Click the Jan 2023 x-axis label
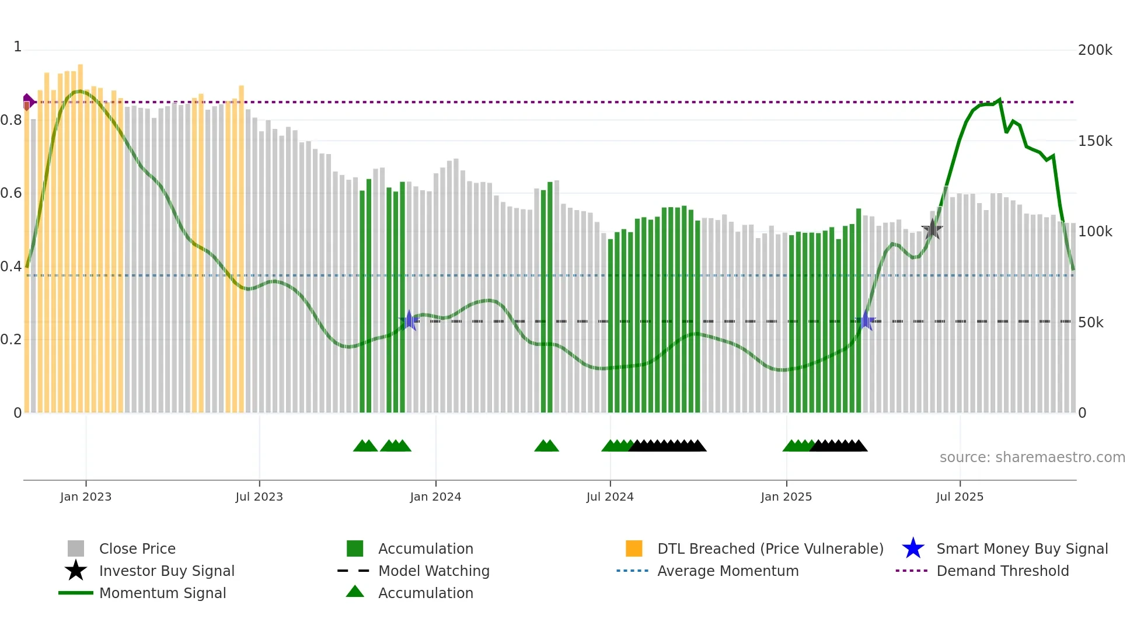pos(86,497)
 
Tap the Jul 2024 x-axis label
pos(610,497)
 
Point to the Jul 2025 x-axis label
pos(960,497)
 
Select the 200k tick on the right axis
pos(1095,50)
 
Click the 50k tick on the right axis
pos(1090,323)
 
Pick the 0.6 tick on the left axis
pos(11,193)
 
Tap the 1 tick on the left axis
pos(18,47)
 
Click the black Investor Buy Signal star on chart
pos(932,229)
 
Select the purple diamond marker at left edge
pos(28,102)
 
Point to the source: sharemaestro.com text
pos(1032,457)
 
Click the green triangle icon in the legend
pos(355,592)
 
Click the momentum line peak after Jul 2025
pos(999,100)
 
